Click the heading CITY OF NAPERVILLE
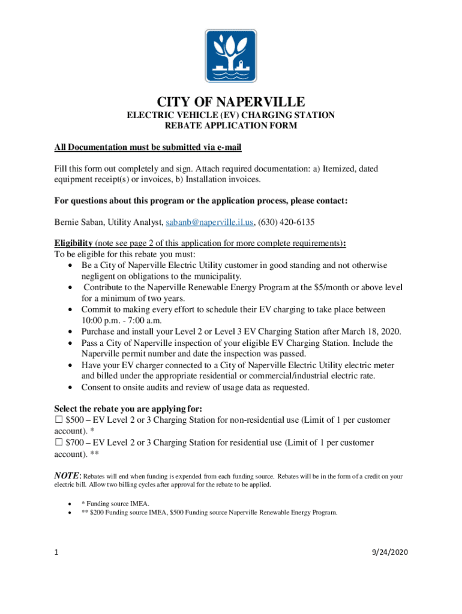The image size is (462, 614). [x=231, y=101]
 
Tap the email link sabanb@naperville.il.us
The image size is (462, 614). [x=210, y=222]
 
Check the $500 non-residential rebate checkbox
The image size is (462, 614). [x=59, y=420]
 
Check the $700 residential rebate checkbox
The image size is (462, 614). [x=59, y=443]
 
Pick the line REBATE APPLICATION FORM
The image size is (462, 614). [x=231, y=126]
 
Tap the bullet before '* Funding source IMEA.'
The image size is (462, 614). [x=72, y=504]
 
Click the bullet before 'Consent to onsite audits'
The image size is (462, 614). [x=72, y=387]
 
